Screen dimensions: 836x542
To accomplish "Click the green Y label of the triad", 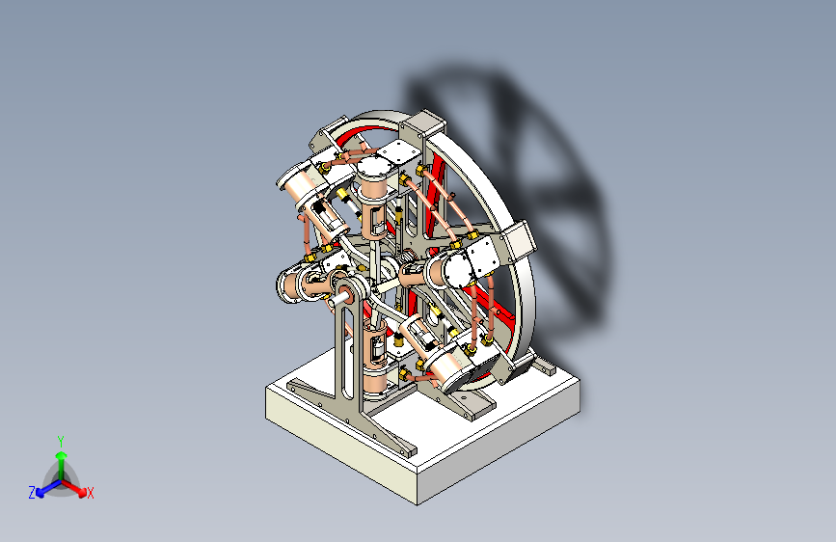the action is tap(61, 442).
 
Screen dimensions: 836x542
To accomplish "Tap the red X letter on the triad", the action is tap(90, 494).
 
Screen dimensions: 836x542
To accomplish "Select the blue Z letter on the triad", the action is tap(32, 493).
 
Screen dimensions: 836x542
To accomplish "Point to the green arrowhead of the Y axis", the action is tap(62, 456).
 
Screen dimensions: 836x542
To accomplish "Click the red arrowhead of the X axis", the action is tap(82, 493).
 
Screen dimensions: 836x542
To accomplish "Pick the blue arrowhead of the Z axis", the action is tap(40, 493).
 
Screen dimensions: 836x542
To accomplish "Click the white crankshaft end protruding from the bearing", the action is tap(336, 302).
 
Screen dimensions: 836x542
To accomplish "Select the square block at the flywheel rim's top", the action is tap(422, 125).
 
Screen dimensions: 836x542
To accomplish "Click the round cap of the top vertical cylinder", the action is tap(375, 168).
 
